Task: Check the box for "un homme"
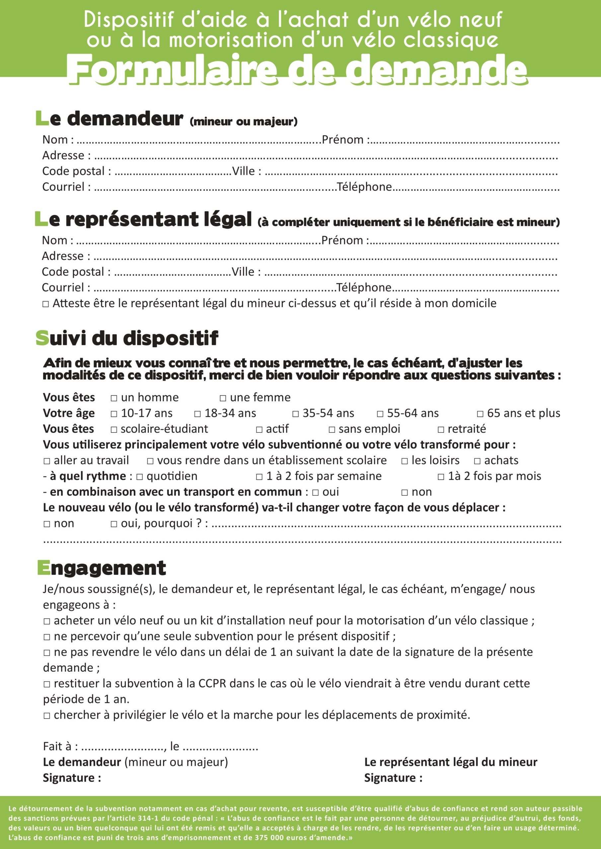[114, 398]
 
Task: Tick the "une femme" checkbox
[223, 398]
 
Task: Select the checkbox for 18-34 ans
[197, 414]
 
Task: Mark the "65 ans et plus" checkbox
[480, 414]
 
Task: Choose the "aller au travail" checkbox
[47, 461]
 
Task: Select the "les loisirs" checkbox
[405, 461]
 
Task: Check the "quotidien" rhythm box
[139, 477]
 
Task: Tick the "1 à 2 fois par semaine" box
[260, 477]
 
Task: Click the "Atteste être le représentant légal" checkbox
[45, 304]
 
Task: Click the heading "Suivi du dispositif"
[127, 338]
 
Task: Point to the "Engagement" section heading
[102, 568]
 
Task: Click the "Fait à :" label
[60, 746]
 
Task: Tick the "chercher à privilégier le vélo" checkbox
[47, 715]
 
